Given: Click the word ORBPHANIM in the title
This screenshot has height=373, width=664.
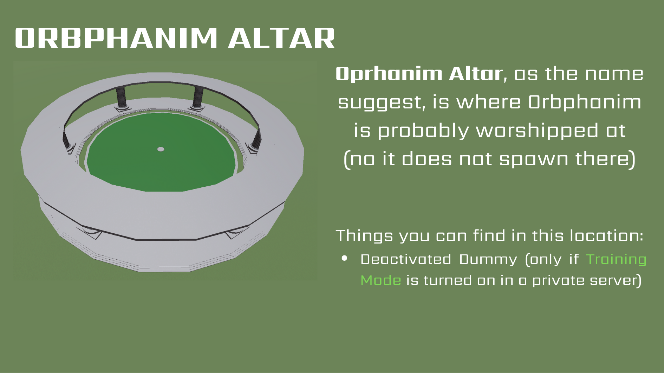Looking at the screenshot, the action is (116, 38).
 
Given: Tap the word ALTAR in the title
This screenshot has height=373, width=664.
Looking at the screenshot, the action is (281, 38).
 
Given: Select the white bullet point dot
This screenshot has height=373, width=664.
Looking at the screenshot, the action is (345, 259).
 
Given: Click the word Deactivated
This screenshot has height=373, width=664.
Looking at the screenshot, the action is (406, 260).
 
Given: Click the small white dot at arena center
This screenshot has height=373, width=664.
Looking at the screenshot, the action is (161, 149).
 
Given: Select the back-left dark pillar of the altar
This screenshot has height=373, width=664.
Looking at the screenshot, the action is (121, 98).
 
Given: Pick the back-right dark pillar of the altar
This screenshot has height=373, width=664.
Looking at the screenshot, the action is (198, 98).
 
